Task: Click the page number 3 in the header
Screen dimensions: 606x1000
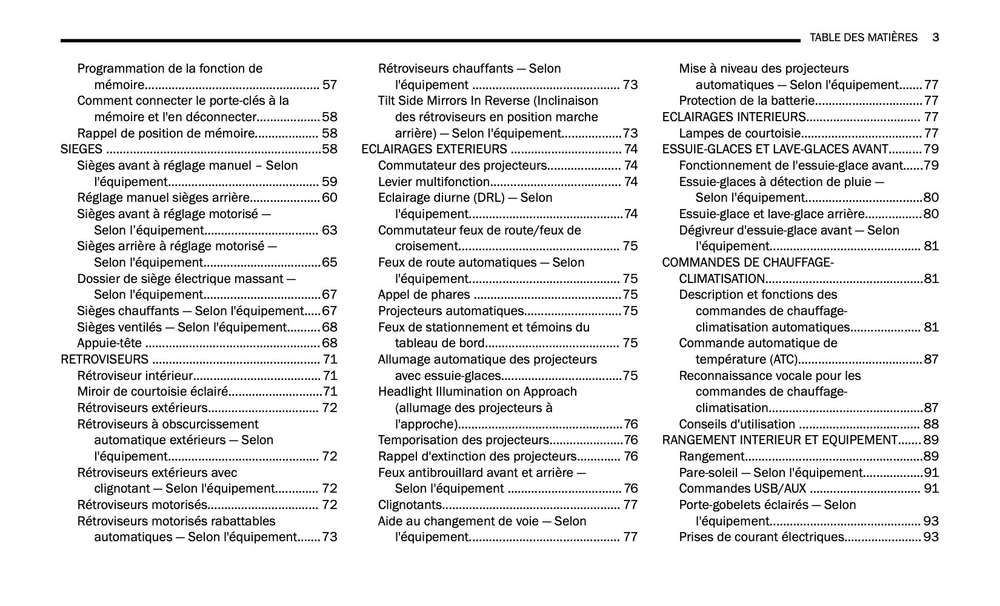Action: (x=935, y=38)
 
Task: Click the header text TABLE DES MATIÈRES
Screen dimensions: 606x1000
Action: (x=863, y=38)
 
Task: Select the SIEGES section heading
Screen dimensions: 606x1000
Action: (x=81, y=149)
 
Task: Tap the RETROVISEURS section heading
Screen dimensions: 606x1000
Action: (x=104, y=359)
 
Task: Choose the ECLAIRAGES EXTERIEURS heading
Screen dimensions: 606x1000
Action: (x=434, y=149)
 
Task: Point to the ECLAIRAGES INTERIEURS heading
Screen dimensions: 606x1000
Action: (x=733, y=117)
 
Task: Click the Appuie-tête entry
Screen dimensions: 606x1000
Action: (x=109, y=343)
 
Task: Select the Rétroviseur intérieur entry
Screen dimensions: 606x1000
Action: (x=135, y=376)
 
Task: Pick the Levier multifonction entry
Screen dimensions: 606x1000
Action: (x=433, y=182)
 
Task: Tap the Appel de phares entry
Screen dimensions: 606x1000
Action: (x=424, y=295)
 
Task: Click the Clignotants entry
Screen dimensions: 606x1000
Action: (x=410, y=505)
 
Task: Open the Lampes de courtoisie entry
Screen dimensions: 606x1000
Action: (x=739, y=133)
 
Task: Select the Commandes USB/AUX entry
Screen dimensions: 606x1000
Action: (x=742, y=488)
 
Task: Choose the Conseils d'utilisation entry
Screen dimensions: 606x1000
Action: (x=736, y=424)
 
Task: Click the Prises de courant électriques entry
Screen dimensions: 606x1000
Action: (x=761, y=537)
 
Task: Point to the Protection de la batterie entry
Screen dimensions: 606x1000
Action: (x=747, y=101)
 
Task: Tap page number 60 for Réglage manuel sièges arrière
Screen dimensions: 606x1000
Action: (x=329, y=198)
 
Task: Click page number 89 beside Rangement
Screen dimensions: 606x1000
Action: (x=930, y=456)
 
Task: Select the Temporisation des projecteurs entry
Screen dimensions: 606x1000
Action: (x=463, y=440)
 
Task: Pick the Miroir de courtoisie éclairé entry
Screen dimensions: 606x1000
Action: (x=152, y=391)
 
